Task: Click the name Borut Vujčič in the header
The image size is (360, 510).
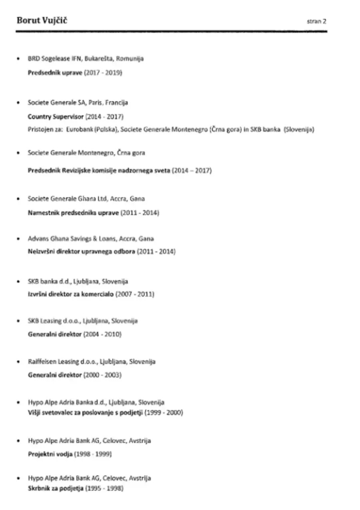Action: click(42, 20)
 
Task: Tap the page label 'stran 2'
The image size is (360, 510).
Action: click(317, 22)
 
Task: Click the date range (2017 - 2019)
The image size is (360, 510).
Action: click(103, 73)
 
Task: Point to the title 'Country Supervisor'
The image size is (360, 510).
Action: click(56, 117)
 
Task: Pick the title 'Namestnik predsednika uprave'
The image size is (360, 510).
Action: click(73, 213)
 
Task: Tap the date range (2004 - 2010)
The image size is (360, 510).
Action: click(102, 334)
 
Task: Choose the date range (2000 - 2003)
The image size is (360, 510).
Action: click(102, 375)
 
